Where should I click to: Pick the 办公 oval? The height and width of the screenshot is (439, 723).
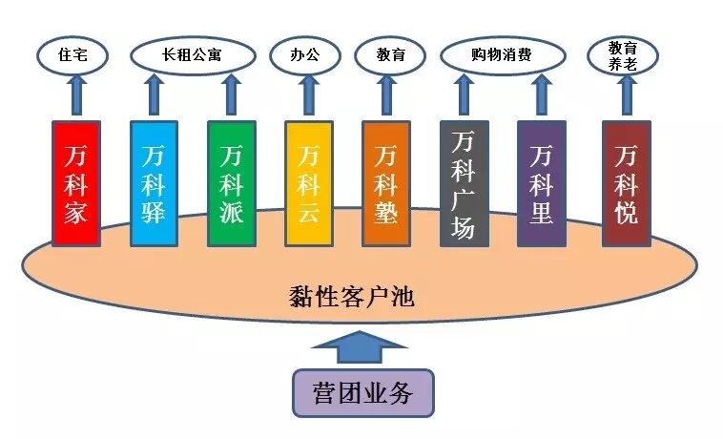coord(305,54)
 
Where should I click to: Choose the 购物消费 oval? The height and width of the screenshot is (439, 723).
coord(501,54)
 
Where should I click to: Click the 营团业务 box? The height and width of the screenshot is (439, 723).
coord(362,393)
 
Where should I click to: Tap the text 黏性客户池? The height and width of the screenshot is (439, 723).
coord(350,296)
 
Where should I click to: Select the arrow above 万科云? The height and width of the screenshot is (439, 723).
coord(308,96)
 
